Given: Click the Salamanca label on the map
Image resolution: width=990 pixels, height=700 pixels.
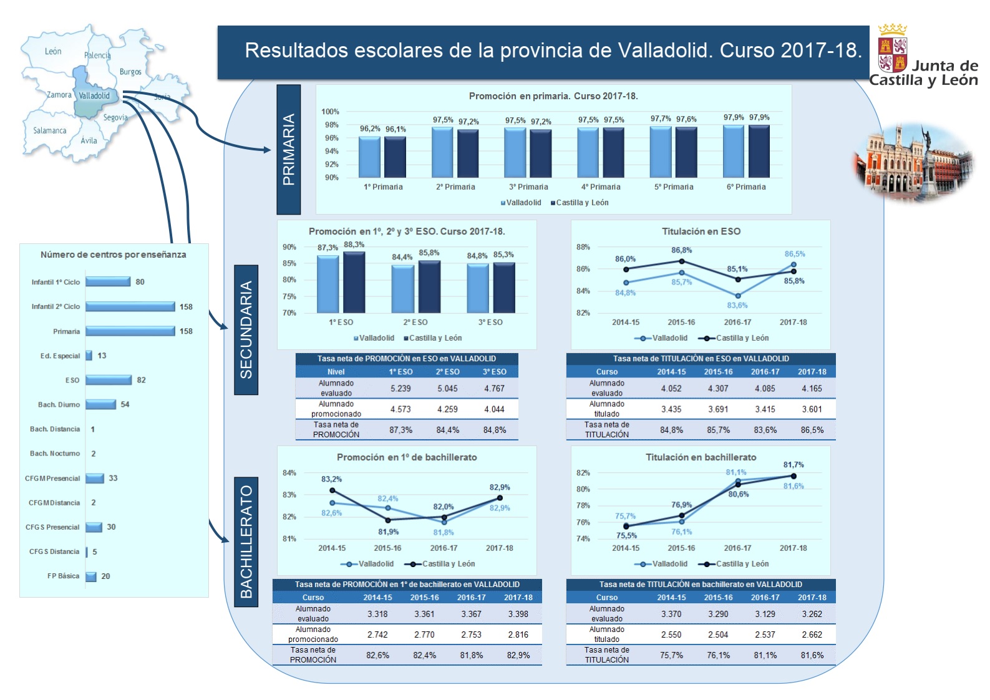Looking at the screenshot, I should (49, 130).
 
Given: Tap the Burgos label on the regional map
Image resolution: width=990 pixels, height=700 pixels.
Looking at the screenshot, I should (130, 72).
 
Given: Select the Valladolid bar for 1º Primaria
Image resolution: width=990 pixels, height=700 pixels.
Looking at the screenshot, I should (369, 157).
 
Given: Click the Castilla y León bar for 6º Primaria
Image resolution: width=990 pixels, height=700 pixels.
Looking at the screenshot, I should (759, 152).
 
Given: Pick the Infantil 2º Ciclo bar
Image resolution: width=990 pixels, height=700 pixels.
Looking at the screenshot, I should (130, 306).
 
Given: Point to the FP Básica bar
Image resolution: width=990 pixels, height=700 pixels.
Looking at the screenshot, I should (91, 576).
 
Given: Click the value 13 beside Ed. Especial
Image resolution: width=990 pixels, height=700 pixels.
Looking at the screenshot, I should (102, 356).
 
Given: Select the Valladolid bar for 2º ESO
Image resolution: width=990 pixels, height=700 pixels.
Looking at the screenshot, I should (402, 289).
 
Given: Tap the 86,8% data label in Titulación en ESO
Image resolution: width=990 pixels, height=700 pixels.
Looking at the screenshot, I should (681, 250).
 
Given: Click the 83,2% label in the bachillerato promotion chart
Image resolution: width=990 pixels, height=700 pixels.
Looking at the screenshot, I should (331, 479).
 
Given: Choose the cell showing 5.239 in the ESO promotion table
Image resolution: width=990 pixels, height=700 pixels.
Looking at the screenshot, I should (400, 388).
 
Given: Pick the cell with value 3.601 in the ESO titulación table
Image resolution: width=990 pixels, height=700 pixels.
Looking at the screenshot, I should (812, 409).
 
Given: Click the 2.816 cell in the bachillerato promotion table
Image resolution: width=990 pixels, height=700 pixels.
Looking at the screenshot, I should (518, 634).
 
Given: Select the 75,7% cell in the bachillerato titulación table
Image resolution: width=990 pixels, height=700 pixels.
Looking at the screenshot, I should (671, 655).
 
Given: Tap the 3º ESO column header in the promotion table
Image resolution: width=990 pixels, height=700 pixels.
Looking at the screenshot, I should (495, 372).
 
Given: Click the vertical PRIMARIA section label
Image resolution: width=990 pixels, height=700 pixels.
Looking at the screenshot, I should (289, 150).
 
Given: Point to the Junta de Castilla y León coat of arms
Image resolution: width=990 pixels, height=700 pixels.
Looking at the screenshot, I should (892, 49).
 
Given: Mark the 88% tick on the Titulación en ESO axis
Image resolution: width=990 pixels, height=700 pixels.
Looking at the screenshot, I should (583, 247).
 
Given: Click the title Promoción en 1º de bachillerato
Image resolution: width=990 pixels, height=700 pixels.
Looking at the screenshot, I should (407, 457).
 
